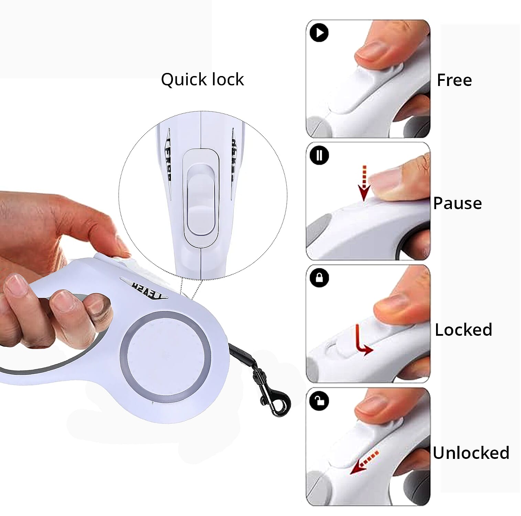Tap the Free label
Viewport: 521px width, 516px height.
tap(454, 80)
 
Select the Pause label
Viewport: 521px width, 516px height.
tap(457, 203)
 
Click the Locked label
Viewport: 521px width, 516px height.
tap(463, 330)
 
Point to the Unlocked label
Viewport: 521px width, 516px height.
tap(471, 452)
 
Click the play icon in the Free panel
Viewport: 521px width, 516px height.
tap(319, 33)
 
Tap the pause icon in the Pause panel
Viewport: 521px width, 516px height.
tap(319, 155)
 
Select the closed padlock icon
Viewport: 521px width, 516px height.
tap(319, 278)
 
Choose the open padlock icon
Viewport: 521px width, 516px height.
tap(319, 400)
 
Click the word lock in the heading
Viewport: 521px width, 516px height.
tap(227, 80)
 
